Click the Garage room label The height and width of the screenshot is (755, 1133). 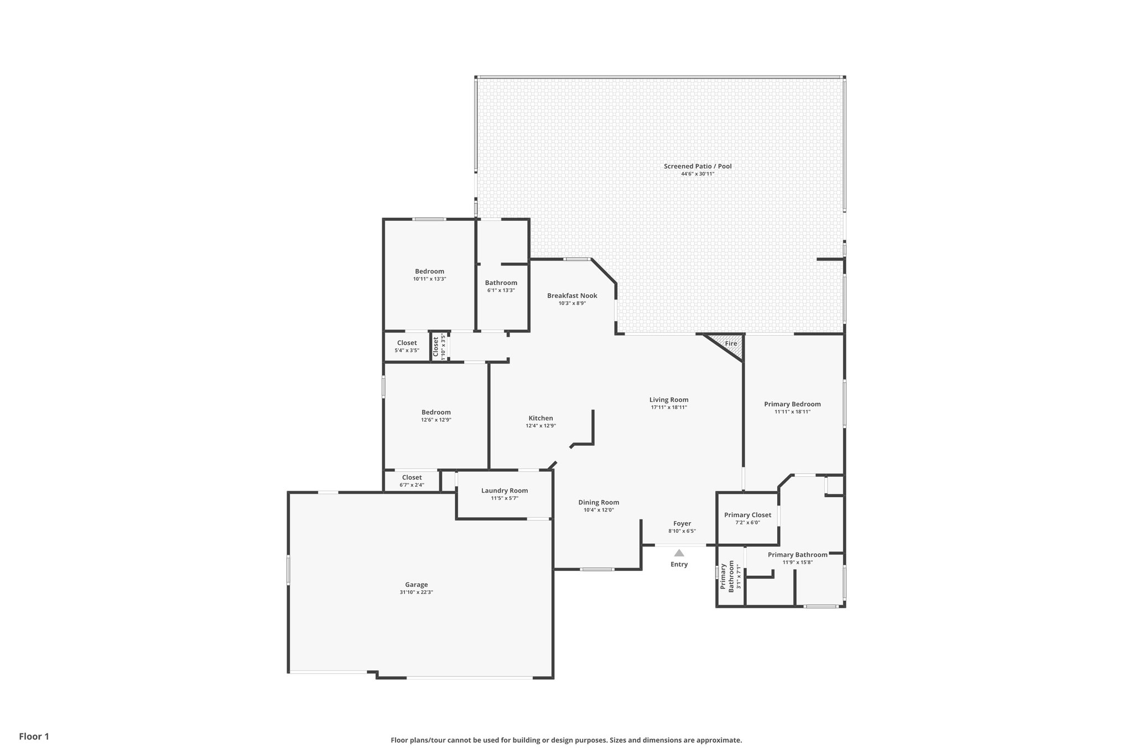[416, 585]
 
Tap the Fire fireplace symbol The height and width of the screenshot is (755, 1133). [731, 343]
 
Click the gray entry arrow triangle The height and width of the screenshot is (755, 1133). [679, 553]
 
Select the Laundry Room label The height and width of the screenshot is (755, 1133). [505, 491]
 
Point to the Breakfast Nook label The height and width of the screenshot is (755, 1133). [572, 296]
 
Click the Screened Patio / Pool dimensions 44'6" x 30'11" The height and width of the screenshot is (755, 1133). [698, 174]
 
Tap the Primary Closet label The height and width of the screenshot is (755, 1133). [747, 515]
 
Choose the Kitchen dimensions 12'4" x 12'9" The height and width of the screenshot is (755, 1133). [540, 426]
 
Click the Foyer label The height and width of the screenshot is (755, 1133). [682, 524]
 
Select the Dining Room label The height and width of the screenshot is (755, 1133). [599, 502]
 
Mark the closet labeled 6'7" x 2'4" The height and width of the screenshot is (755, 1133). [412, 481]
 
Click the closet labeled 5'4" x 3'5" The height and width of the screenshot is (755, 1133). [407, 346]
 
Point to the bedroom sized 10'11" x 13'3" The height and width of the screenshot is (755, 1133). [429, 275]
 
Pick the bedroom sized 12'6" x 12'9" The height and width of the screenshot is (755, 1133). [436, 416]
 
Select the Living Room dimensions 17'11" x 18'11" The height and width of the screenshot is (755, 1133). [669, 407]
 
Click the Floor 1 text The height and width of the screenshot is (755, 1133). [34, 736]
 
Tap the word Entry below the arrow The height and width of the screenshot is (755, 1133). [679, 564]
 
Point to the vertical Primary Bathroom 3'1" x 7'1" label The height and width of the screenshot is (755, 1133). [730, 577]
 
